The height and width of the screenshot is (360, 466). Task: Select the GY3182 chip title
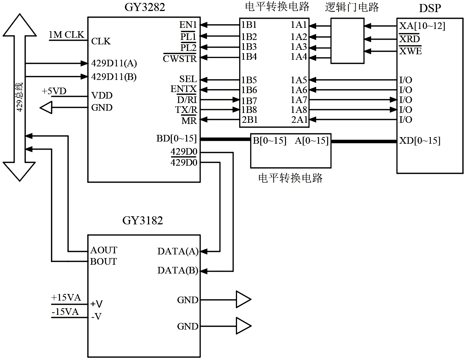coord(143,221)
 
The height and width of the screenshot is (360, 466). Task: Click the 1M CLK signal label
coord(66,35)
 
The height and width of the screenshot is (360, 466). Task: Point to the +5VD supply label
coord(54,91)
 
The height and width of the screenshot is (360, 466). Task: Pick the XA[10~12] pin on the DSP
coord(422,26)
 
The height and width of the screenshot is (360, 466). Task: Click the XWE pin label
coord(410,51)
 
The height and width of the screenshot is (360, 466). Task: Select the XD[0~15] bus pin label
coord(419,140)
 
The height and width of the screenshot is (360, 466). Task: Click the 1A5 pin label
coord(299,80)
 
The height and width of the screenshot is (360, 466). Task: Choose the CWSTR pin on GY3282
coord(180,58)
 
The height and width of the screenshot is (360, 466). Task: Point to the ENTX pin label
coord(184,89)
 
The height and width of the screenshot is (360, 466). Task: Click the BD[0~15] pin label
coord(177,139)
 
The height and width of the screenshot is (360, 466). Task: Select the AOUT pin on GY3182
coord(104,250)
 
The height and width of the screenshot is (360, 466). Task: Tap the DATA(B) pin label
coord(178,271)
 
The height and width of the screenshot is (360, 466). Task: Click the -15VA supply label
coord(65,312)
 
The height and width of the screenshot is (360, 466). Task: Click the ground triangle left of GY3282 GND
coord(46,108)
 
